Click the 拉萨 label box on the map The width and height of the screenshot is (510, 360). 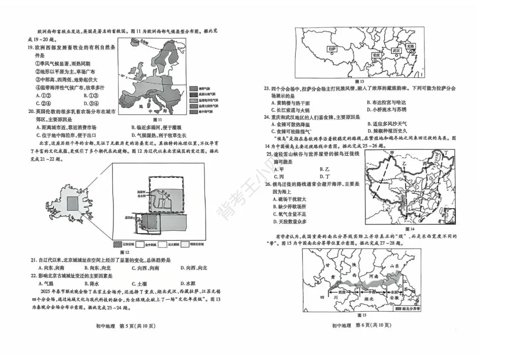pyautogui.click(x=331, y=49)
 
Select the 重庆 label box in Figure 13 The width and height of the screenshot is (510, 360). pyautogui.click(x=376, y=55)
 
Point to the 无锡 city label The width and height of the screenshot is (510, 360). pyautogui.click(x=410, y=46)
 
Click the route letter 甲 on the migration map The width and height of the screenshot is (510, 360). pyautogui.click(x=391, y=153)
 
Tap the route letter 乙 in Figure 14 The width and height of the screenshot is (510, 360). pyautogui.click(x=404, y=162)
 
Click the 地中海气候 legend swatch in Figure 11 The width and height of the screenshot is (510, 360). pyautogui.click(x=193, y=111)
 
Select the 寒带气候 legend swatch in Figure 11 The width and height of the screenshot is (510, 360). pyautogui.click(x=193, y=88)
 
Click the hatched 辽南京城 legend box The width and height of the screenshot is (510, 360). pyautogui.click(x=117, y=244)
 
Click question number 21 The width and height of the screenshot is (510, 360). pyautogui.click(x=33, y=260)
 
